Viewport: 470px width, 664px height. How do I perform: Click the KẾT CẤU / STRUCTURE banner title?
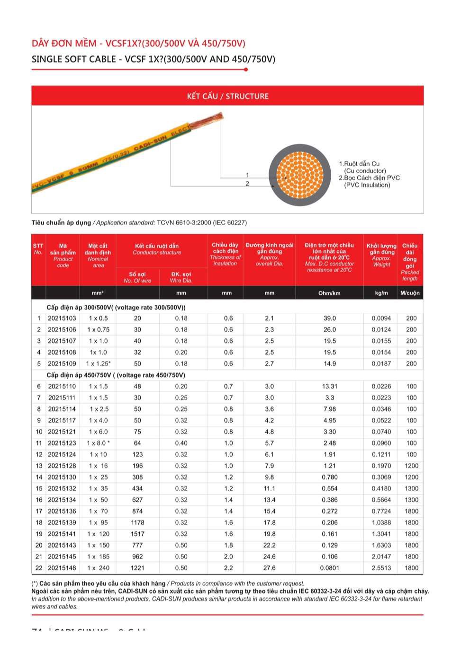[x=227, y=96]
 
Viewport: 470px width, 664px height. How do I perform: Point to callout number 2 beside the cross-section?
[x=247, y=184]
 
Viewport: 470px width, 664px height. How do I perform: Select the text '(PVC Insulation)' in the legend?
[x=367, y=185]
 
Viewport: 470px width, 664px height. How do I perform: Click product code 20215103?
[x=62, y=319]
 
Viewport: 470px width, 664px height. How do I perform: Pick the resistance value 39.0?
[x=330, y=319]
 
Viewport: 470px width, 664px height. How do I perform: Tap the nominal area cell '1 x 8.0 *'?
[x=98, y=443]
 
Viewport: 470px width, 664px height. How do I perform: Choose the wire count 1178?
[x=137, y=523]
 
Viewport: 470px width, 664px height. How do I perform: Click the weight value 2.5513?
[x=381, y=568]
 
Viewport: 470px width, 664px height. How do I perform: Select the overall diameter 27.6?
[x=269, y=568]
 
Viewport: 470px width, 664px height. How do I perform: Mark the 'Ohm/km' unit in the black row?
[x=329, y=293]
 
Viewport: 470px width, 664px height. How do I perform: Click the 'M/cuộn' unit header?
[x=410, y=293]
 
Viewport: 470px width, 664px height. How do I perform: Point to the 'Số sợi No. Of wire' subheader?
[x=137, y=277]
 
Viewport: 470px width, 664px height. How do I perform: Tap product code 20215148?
[x=62, y=568]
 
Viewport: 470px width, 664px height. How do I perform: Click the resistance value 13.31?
[x=330, y=387]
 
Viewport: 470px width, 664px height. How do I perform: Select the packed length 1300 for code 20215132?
[x=411, y=489]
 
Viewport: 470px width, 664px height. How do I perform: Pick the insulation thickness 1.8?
[x=228, y=546]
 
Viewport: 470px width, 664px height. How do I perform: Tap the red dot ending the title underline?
[x=246, y=70]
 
